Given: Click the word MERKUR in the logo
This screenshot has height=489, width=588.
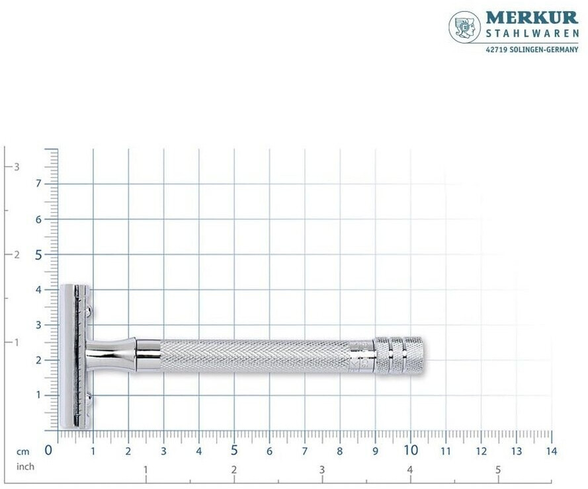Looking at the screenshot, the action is [x=532, y=18].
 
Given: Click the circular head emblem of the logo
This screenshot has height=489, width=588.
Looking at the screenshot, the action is [x=464, y=27].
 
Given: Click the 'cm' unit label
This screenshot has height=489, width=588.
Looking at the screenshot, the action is [x=22, y=451].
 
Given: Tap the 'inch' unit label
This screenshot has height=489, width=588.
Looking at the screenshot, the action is [x=25, y=467].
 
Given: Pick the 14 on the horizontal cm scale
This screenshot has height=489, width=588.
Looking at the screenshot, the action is [x=552, y=451].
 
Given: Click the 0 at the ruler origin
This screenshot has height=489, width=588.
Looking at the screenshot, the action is [x=48, y=450].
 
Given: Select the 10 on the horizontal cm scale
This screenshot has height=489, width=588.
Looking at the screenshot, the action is [x=411, y=449].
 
